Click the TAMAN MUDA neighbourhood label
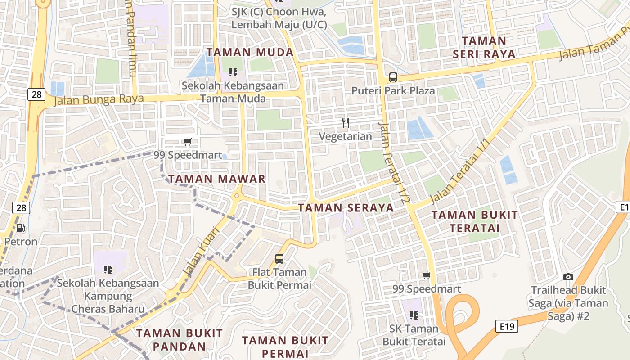point(250,52)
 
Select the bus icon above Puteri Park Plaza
point(393,77)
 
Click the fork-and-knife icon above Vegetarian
point(346,122)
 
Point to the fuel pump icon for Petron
point(20,228)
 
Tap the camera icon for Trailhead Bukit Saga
point(568,277)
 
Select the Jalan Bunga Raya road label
point(99,99)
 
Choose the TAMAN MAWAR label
point(217,179)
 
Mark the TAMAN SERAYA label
point(346,207)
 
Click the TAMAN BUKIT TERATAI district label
point(475,221)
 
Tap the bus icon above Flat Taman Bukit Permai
point(279,258)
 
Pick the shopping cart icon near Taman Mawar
point(188,142)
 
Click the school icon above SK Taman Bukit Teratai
point(414,315)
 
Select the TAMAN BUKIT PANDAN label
point(180,340)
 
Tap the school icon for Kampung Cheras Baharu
point(108,270)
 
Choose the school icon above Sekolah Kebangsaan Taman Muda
point(233,72)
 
